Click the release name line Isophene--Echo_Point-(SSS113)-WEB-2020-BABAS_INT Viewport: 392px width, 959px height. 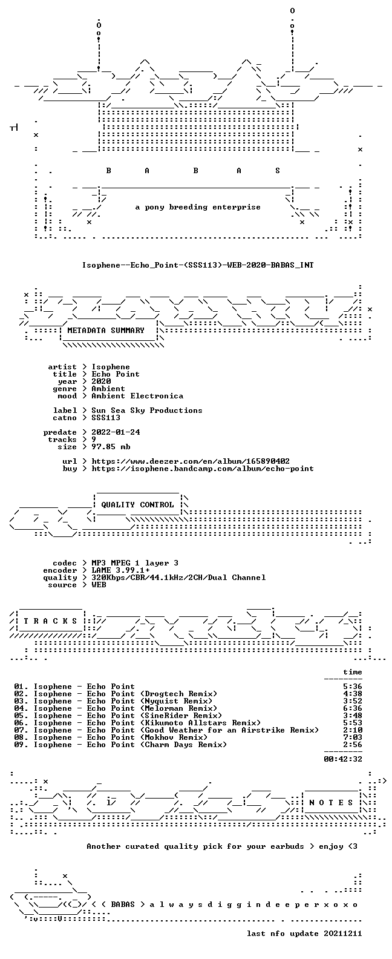[x=198, y=265]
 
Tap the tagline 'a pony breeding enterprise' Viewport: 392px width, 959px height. [x=198, y=207]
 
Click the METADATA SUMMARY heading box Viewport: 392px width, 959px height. [x=106, y=331]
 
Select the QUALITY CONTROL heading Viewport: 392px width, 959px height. [x=137, y=505]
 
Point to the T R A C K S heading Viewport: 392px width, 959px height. [x=50, y=621]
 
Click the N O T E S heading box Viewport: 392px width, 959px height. [x=332, y=802]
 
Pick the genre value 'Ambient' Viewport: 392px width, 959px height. [x=108, y=389]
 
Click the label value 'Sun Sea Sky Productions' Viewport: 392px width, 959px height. [x=147, y=410]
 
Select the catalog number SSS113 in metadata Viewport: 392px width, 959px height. [x=106, y=418]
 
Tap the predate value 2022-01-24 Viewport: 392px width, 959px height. [x=116, y=432]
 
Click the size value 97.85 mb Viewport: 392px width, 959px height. [x=111, y=447]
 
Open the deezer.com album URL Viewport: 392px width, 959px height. [x=191, y=461]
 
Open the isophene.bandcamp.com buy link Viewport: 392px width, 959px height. [x=203, y=469]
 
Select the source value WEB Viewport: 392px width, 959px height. [x=99, y=585]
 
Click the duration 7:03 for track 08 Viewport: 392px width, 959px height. [x=353, y=737]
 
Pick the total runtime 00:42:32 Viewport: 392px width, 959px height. [x=343, y=759]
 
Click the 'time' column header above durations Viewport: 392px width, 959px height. [x=353, y=672]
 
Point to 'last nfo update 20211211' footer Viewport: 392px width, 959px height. [x=304, y=934]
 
